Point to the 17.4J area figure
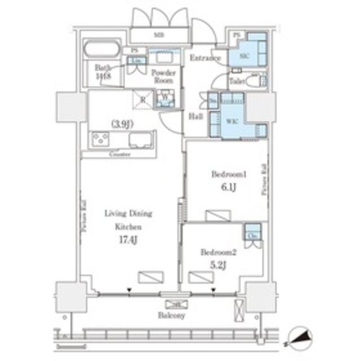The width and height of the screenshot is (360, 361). coord(128,240)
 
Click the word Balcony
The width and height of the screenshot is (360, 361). coord(173,316)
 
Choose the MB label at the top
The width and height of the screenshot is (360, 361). coord(161,38)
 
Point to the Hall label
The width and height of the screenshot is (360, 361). coord(195,116)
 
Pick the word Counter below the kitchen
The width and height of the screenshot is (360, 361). coord(119,153)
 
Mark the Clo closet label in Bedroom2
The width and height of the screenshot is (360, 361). coord(251,234)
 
